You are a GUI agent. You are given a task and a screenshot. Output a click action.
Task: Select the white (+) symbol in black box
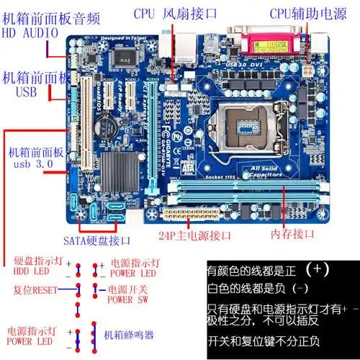319,270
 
